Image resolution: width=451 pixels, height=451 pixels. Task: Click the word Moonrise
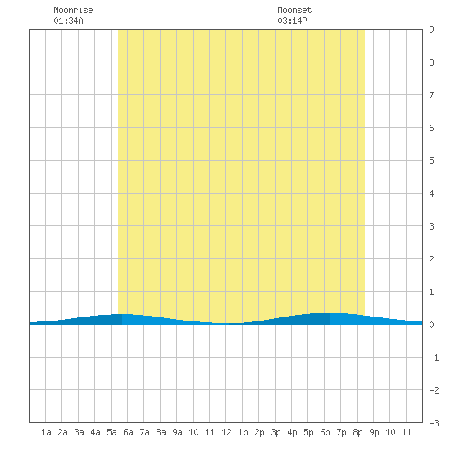click(x=73, y=10)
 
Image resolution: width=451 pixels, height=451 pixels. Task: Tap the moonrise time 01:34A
click(x=68, y=20)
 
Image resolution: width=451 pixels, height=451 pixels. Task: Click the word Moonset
click(x=294, y=10)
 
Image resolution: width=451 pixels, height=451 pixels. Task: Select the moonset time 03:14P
click(x=292, y=20)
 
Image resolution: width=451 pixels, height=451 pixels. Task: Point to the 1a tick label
click(x=46, y=432)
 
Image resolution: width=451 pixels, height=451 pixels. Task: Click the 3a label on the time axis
click(x=79, y=432)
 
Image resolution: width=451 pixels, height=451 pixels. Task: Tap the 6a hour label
click(x=128, y=432)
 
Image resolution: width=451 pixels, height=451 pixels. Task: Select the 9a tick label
click(x=177, y=432)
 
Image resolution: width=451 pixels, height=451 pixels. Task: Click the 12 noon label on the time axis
click(x=226, y=432)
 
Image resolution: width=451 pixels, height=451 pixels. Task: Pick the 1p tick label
click(x=243, y=433)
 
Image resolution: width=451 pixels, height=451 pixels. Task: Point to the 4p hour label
click(x=292, y=433)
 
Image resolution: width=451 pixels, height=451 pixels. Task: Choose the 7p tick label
click(x=341, y=433)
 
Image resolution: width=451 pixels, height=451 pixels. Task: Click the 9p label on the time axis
click(x=374, y=433)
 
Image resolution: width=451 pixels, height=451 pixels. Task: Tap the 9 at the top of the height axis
click(x=431, y=30)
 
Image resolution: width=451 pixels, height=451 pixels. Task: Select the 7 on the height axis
click(x=431, y=95)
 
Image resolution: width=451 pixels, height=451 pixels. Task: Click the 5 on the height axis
click(x=431, y=161)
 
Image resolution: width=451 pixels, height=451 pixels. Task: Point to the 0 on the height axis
click(x=431, y=325)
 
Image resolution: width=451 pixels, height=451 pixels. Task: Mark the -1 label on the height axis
click(x=434, y=358)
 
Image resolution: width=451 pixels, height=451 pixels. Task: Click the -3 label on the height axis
click(x=434, y=423)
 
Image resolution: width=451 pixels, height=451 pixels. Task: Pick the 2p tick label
click(x=259, y=433)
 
